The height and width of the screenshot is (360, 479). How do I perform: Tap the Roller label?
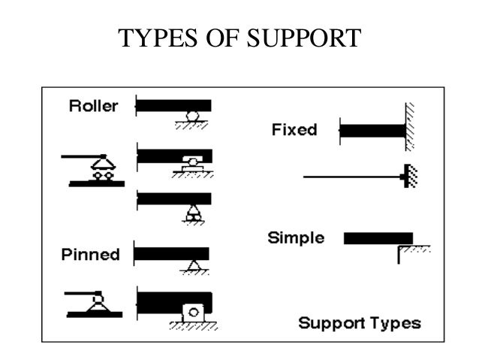pos(93,106)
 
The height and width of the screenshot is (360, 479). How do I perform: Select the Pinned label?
pos(90,254)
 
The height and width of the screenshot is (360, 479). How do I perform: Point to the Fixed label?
pos(294,129)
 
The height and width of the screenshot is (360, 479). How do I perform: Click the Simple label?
pos(296,239)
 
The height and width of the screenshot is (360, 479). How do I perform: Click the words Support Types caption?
pos(360,324)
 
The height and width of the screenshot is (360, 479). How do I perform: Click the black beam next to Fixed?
pos(373,130)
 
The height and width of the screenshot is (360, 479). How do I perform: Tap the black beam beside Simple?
pos(378,238)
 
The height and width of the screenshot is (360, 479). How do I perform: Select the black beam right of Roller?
pos(174,105)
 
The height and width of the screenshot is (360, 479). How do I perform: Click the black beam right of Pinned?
pos(172,253)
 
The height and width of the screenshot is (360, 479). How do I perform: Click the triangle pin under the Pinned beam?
pos(193,265)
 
